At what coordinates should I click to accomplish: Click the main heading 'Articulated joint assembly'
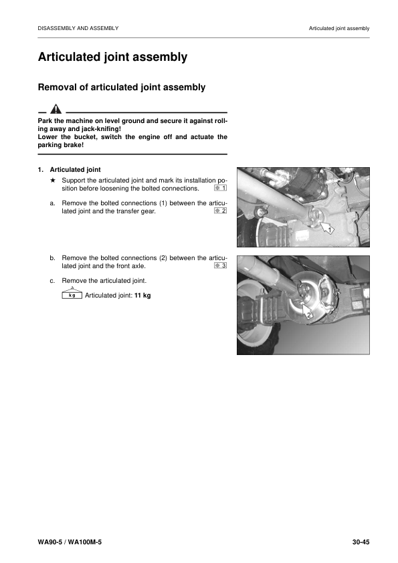(x=112, y=58)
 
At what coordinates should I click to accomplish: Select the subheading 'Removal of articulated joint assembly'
(x=122, y=87)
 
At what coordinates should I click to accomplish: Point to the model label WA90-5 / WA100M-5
(x=70, y=541)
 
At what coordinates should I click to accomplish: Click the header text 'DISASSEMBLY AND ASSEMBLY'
(x=78, y=28)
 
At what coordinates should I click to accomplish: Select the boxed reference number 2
(x=221, y=211)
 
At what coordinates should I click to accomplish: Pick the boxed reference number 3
(x=221, y=265)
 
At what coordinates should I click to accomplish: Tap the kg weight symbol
(x=72, y=294)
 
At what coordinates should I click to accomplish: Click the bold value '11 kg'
(x=142, y=295)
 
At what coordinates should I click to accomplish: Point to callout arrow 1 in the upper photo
(x=326, y=229)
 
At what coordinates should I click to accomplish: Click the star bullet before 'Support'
(x=52, y=181)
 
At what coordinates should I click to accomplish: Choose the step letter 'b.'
(x=53, y=257)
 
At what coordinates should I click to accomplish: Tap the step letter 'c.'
(x=53, y=280)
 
